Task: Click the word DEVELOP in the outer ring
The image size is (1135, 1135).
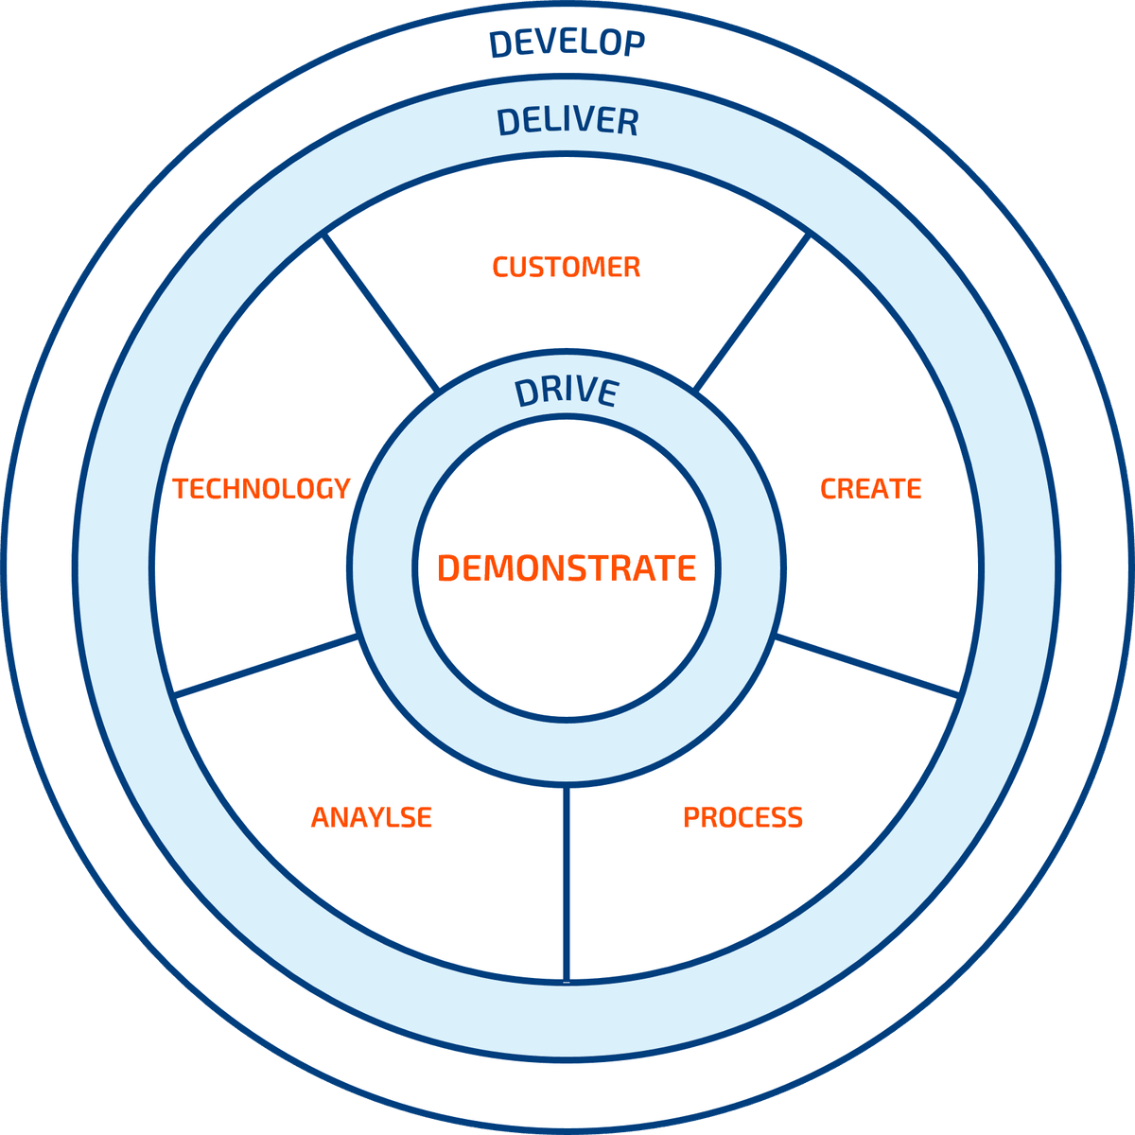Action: (x=567, y=43)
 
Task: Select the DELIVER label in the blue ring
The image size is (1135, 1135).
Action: (x=567, y=121)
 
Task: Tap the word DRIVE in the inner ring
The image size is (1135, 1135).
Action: (x=567, y=392)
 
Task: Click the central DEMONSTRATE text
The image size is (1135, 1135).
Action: (x=567, y=567)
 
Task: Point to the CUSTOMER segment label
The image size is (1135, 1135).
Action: (x=567, y=267)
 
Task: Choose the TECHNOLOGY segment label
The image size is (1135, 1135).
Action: (x=262, y=488)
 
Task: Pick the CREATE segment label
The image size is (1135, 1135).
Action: (x=870, y=488)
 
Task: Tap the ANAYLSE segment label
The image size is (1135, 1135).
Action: (x=372, y=816)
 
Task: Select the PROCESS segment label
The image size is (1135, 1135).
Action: (x=742, y=816)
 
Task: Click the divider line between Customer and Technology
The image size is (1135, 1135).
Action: (x=381, y=312)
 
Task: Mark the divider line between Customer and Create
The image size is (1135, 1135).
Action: (x=753, y=312)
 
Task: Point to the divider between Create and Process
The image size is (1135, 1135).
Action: (x=867, y=666)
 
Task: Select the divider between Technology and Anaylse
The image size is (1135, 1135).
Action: (x=267, y=666)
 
